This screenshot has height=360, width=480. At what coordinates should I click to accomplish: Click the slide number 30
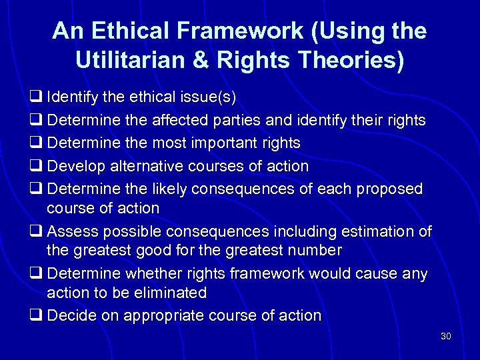tap(445, 336)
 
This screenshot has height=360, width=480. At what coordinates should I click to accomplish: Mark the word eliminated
tap(169, 293)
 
